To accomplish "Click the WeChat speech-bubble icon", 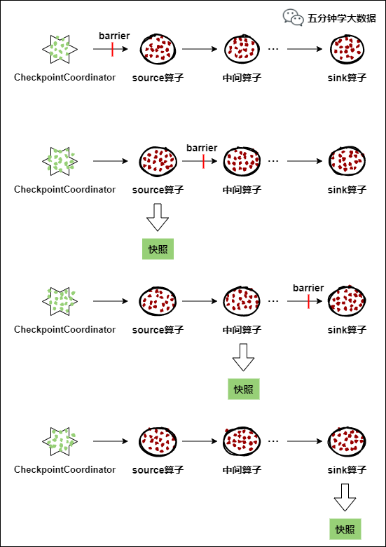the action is pos(293,18).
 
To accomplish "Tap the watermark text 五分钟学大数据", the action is pos(342,18).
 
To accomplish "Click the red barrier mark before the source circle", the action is pos(112,49).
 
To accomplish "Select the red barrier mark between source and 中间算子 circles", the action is pos(203,161).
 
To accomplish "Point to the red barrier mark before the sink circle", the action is pos(308,301).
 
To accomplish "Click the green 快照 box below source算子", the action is pos(158,249).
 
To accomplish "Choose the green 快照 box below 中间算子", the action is pos(244,389).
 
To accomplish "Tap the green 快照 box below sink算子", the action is pos(345,529).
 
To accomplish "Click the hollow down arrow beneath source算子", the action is pos(158,217).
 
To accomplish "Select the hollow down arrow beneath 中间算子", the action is pos(243,357).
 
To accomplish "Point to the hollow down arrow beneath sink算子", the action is pos(345,497).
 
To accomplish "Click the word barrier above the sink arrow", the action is pos(308,288).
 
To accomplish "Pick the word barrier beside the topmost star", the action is pos(114,36).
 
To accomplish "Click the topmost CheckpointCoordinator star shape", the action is pos(60,49).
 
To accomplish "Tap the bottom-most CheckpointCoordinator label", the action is pos(64,469).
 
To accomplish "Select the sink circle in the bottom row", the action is pos(347,441).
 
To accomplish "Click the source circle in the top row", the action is pos(158,49).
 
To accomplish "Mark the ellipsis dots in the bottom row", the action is pos(273,441).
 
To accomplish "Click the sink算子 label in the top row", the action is pos(347,78).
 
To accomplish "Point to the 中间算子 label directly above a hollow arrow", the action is pos(242,330).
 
